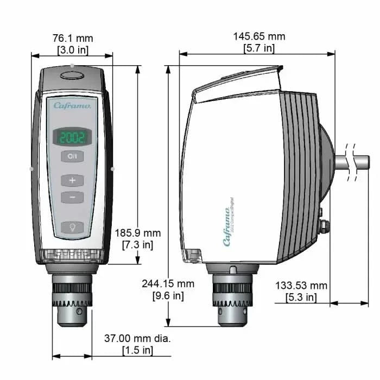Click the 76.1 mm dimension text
73,38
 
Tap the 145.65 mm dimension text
259,36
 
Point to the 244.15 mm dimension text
168,284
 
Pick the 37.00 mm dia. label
137,339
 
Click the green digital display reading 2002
72,137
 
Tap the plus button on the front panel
72,180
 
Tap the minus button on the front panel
72,197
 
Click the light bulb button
72,227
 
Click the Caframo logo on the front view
75,105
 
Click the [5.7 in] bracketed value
259,48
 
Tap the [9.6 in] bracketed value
168,296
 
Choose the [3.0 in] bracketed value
73,50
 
